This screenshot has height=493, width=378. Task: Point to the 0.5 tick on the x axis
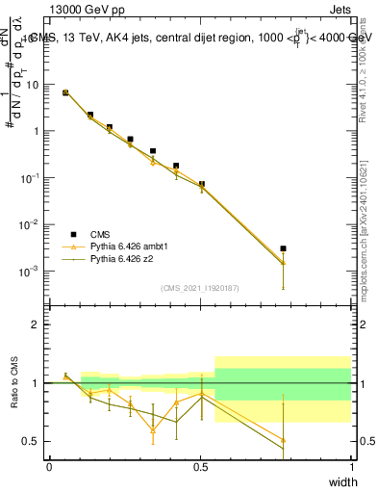(x=200, y=466)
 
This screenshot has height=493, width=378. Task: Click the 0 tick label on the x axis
(x=49, y=466)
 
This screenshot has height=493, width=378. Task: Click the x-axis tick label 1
(x=352, y=466)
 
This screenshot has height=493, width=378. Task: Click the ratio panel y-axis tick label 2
(x=37, y=324)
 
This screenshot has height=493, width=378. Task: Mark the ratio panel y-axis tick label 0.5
(x=33, y=441)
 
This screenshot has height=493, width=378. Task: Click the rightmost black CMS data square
(x=283, y=248)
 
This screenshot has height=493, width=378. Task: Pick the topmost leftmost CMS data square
(x=65, y=92)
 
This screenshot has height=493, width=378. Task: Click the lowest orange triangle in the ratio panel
(x=283, y=440)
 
